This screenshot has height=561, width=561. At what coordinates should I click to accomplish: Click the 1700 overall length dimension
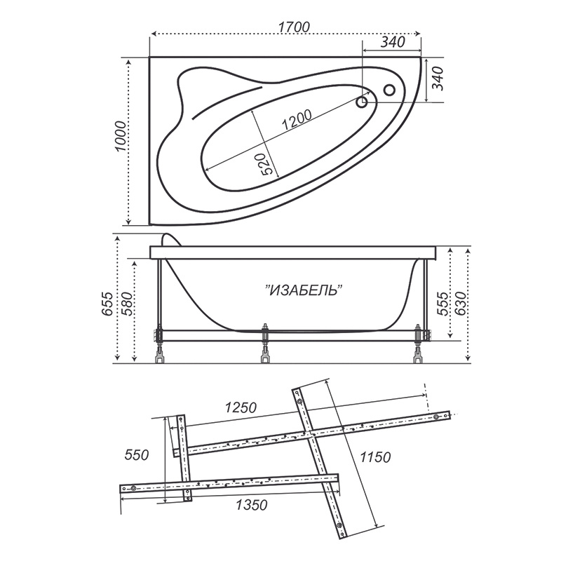[293, 27]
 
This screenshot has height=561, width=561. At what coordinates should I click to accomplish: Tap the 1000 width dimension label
[121, 136]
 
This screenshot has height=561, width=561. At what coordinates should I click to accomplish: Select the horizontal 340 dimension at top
[393, 42]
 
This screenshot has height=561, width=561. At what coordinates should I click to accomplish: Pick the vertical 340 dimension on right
[438, 79]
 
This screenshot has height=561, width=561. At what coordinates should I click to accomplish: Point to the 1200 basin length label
[297, 119]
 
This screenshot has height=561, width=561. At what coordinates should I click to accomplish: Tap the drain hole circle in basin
[362, 102]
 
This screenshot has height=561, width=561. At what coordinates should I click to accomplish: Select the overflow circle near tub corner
[389, 90]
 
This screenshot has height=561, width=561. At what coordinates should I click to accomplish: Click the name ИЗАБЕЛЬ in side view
[304, 290]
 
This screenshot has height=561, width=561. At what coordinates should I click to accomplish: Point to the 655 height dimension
[107, 304]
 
